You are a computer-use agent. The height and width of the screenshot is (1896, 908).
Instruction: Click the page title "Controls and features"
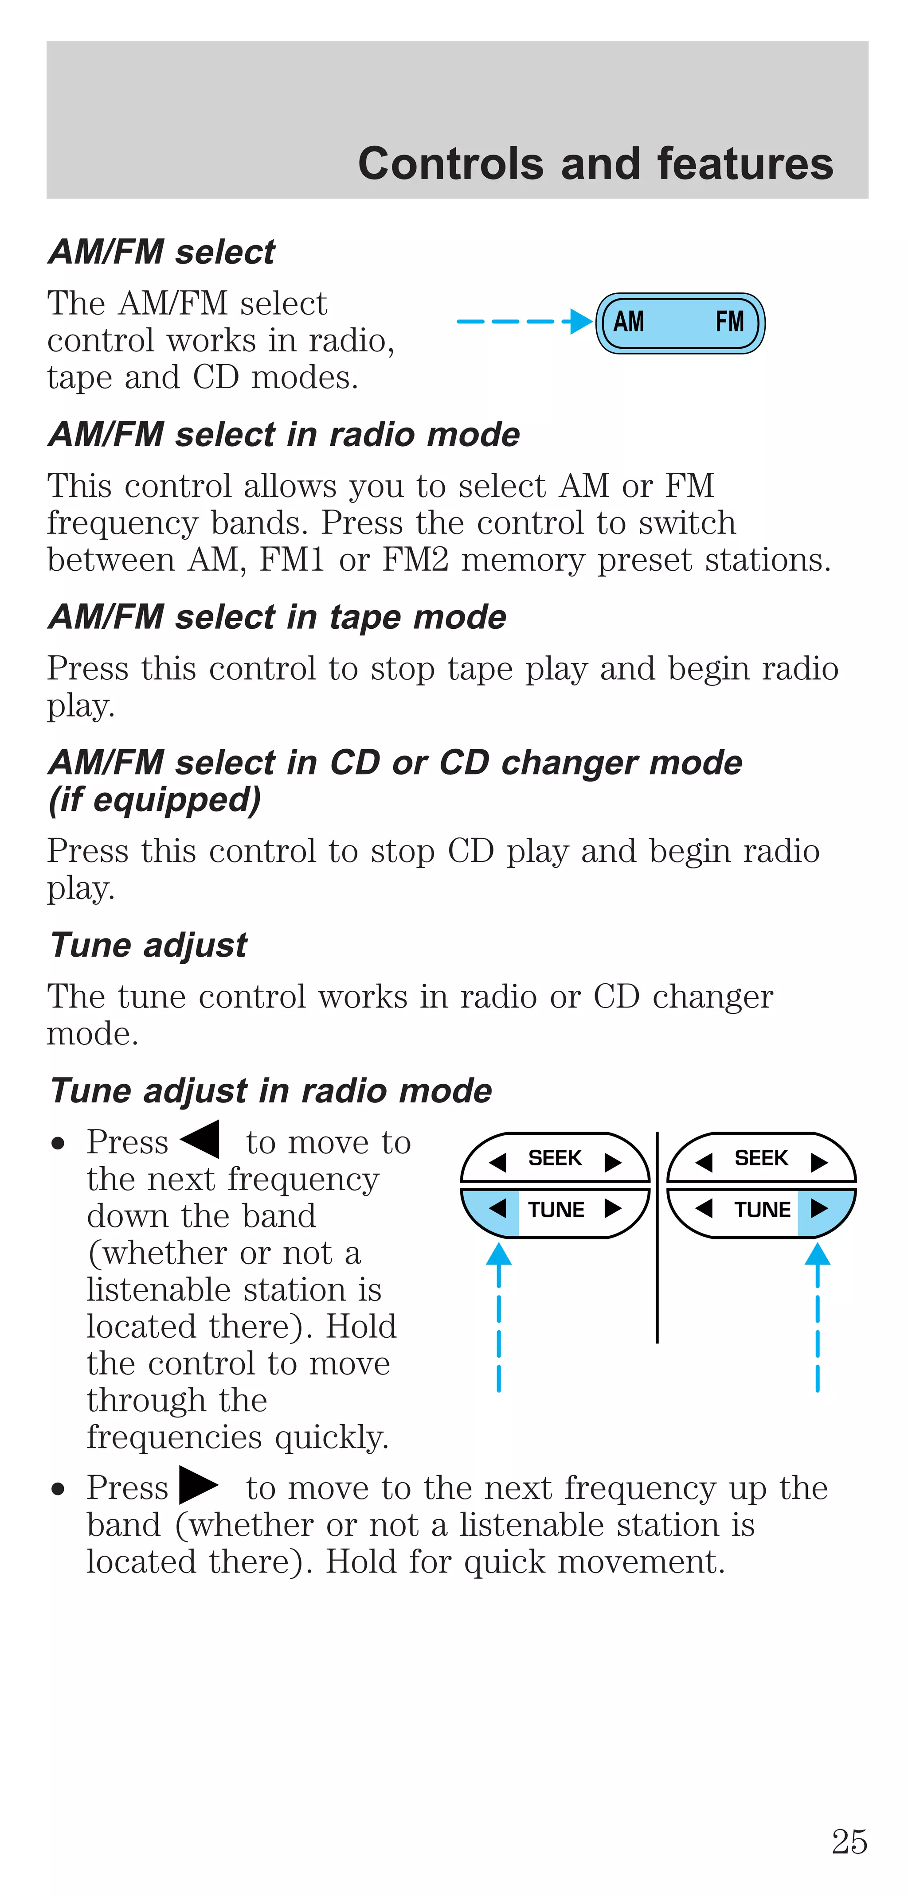click(x=595, y=164)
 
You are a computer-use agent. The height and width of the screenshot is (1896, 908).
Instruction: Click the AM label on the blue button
click(x=628, y=322)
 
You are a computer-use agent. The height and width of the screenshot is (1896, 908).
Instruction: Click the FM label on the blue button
click(x=729, y=322)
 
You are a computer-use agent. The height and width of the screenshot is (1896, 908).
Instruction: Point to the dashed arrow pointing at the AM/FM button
click(x=523, y=322)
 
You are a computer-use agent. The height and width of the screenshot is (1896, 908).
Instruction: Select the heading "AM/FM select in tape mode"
click(x=277, y=617)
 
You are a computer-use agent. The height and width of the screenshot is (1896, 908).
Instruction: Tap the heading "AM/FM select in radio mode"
click(x=283, y=434)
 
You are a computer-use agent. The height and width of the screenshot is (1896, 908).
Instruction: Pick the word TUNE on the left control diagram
click(x=556, y=1209)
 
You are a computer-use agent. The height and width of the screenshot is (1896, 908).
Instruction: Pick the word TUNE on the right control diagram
click(x=762, y=1209)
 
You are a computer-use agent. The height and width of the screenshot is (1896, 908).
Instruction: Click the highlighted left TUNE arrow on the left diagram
click(x=497, y=1209)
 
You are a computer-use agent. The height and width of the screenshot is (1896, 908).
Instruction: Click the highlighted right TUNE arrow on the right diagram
click(x=819, y=1209)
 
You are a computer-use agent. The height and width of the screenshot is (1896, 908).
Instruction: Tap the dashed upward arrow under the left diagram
click(x=498, y=1317)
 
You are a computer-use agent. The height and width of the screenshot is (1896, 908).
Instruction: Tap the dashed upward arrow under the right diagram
click(x=818, y=1317)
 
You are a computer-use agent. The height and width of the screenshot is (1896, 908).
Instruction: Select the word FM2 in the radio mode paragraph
click(x=415, y=560)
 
